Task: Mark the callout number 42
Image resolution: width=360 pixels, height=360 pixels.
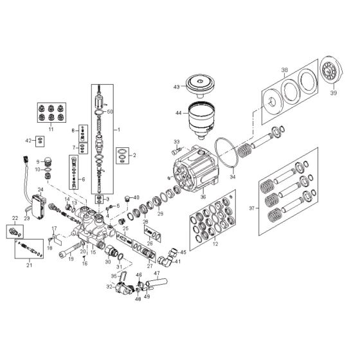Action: click(x=28, y=139)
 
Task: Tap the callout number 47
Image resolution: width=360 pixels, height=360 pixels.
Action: click(x=156, y=273)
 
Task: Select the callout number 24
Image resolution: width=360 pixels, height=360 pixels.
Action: click(x=40, y=190)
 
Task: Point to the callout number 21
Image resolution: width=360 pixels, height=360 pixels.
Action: click(x=29, y=264)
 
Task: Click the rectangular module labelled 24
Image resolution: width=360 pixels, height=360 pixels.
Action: click(x=37, y=206)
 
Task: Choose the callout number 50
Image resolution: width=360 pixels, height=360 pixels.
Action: click(x=111, y=112)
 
